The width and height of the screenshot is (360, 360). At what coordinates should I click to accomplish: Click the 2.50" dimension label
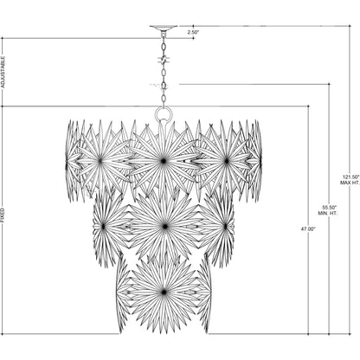tap(192, 31)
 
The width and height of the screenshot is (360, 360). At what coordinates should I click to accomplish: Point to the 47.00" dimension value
tap(308, 229)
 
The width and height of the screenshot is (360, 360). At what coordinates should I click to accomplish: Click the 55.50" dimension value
tap(329, 208)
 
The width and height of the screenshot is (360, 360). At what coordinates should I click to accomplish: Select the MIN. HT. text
tap(329, 214)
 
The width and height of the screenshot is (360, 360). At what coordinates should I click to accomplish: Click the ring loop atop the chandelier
tap(162, 113)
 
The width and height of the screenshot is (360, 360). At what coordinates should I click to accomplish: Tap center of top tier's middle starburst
tap(162, 160)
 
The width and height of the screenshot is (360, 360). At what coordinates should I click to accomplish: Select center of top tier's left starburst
tap(100, 160)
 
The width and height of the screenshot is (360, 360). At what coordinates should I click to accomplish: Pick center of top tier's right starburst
tap(225, 160)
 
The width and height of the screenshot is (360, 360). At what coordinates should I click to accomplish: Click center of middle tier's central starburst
tap(162, 225)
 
